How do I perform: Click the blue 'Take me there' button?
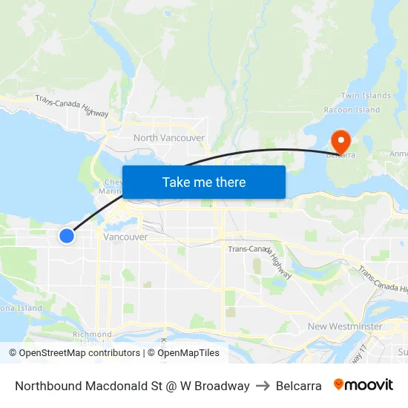[204, 182]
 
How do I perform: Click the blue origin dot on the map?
[67, 236]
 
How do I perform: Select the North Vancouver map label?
[169, 138]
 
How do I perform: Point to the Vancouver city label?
[125, 237]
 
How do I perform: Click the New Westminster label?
[345, 326]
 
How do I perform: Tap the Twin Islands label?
[366, 96]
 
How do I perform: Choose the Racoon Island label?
[352, 110]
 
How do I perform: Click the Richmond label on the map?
[92, 335]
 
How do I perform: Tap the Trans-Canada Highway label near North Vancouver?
[72, 107]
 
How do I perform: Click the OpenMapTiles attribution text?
[188, 353]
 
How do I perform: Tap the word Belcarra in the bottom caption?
[298, 386]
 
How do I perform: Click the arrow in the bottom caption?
[263, 386]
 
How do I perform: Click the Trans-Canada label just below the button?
[248, 249]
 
